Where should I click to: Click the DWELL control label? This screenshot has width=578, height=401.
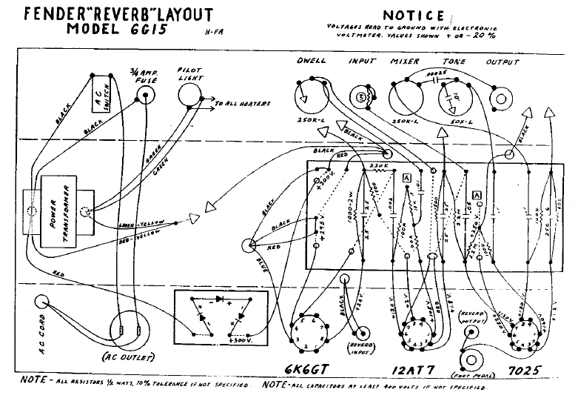[x=312, y=61]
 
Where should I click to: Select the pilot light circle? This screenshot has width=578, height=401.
[x=192, y=95]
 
